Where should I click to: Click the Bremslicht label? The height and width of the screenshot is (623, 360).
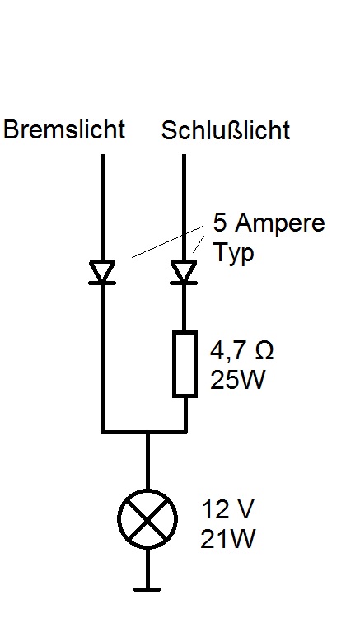[64, 129]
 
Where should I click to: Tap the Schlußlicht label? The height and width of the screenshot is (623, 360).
[225, 130]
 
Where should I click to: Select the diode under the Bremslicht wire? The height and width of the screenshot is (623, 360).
[102, 272]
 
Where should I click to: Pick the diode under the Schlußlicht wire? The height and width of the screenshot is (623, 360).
[184, 272]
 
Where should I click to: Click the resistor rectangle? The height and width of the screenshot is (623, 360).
[185, 364]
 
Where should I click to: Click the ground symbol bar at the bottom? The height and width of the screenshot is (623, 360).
[147, 590]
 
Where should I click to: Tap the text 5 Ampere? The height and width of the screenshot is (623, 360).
[269, 222]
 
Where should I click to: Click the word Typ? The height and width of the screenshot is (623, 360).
[234, 253]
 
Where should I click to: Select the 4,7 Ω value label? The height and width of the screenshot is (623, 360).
[241, 350]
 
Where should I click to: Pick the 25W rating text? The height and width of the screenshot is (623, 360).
[237, 379]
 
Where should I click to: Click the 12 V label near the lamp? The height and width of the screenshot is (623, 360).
[227, 509]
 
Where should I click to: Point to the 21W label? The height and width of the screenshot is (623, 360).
[227, 539]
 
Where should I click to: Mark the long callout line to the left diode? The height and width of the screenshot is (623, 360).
[167, 242]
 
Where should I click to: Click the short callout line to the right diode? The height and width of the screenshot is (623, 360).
[199, 244]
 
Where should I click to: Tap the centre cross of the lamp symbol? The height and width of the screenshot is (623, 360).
[147, 519]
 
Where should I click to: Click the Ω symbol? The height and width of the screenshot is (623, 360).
[263, 350]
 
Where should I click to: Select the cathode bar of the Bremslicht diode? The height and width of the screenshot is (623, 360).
[102, 283]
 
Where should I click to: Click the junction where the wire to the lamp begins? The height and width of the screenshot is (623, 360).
[147, 432]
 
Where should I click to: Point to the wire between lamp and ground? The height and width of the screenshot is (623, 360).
[147, 568]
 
